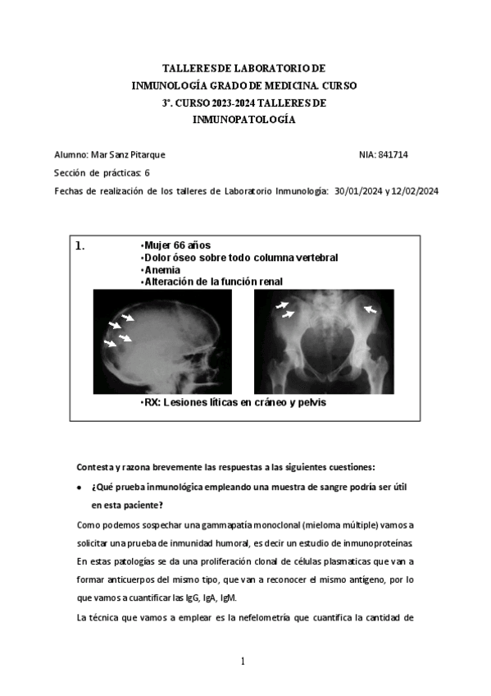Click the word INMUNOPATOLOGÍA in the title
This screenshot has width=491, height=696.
(x=243, y=119)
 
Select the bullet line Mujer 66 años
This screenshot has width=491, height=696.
(x=177, y=245)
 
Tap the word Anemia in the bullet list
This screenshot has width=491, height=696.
(x=162, y=269)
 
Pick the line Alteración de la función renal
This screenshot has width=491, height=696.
(x=213, y=282)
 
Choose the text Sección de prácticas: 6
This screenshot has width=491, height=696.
(x=101, y=172)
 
